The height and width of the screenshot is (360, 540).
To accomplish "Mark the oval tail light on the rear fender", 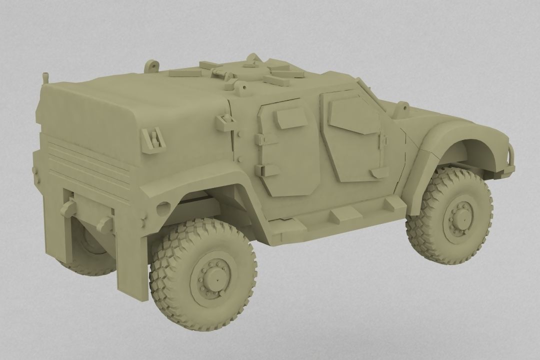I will click(x=163, y=206).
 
